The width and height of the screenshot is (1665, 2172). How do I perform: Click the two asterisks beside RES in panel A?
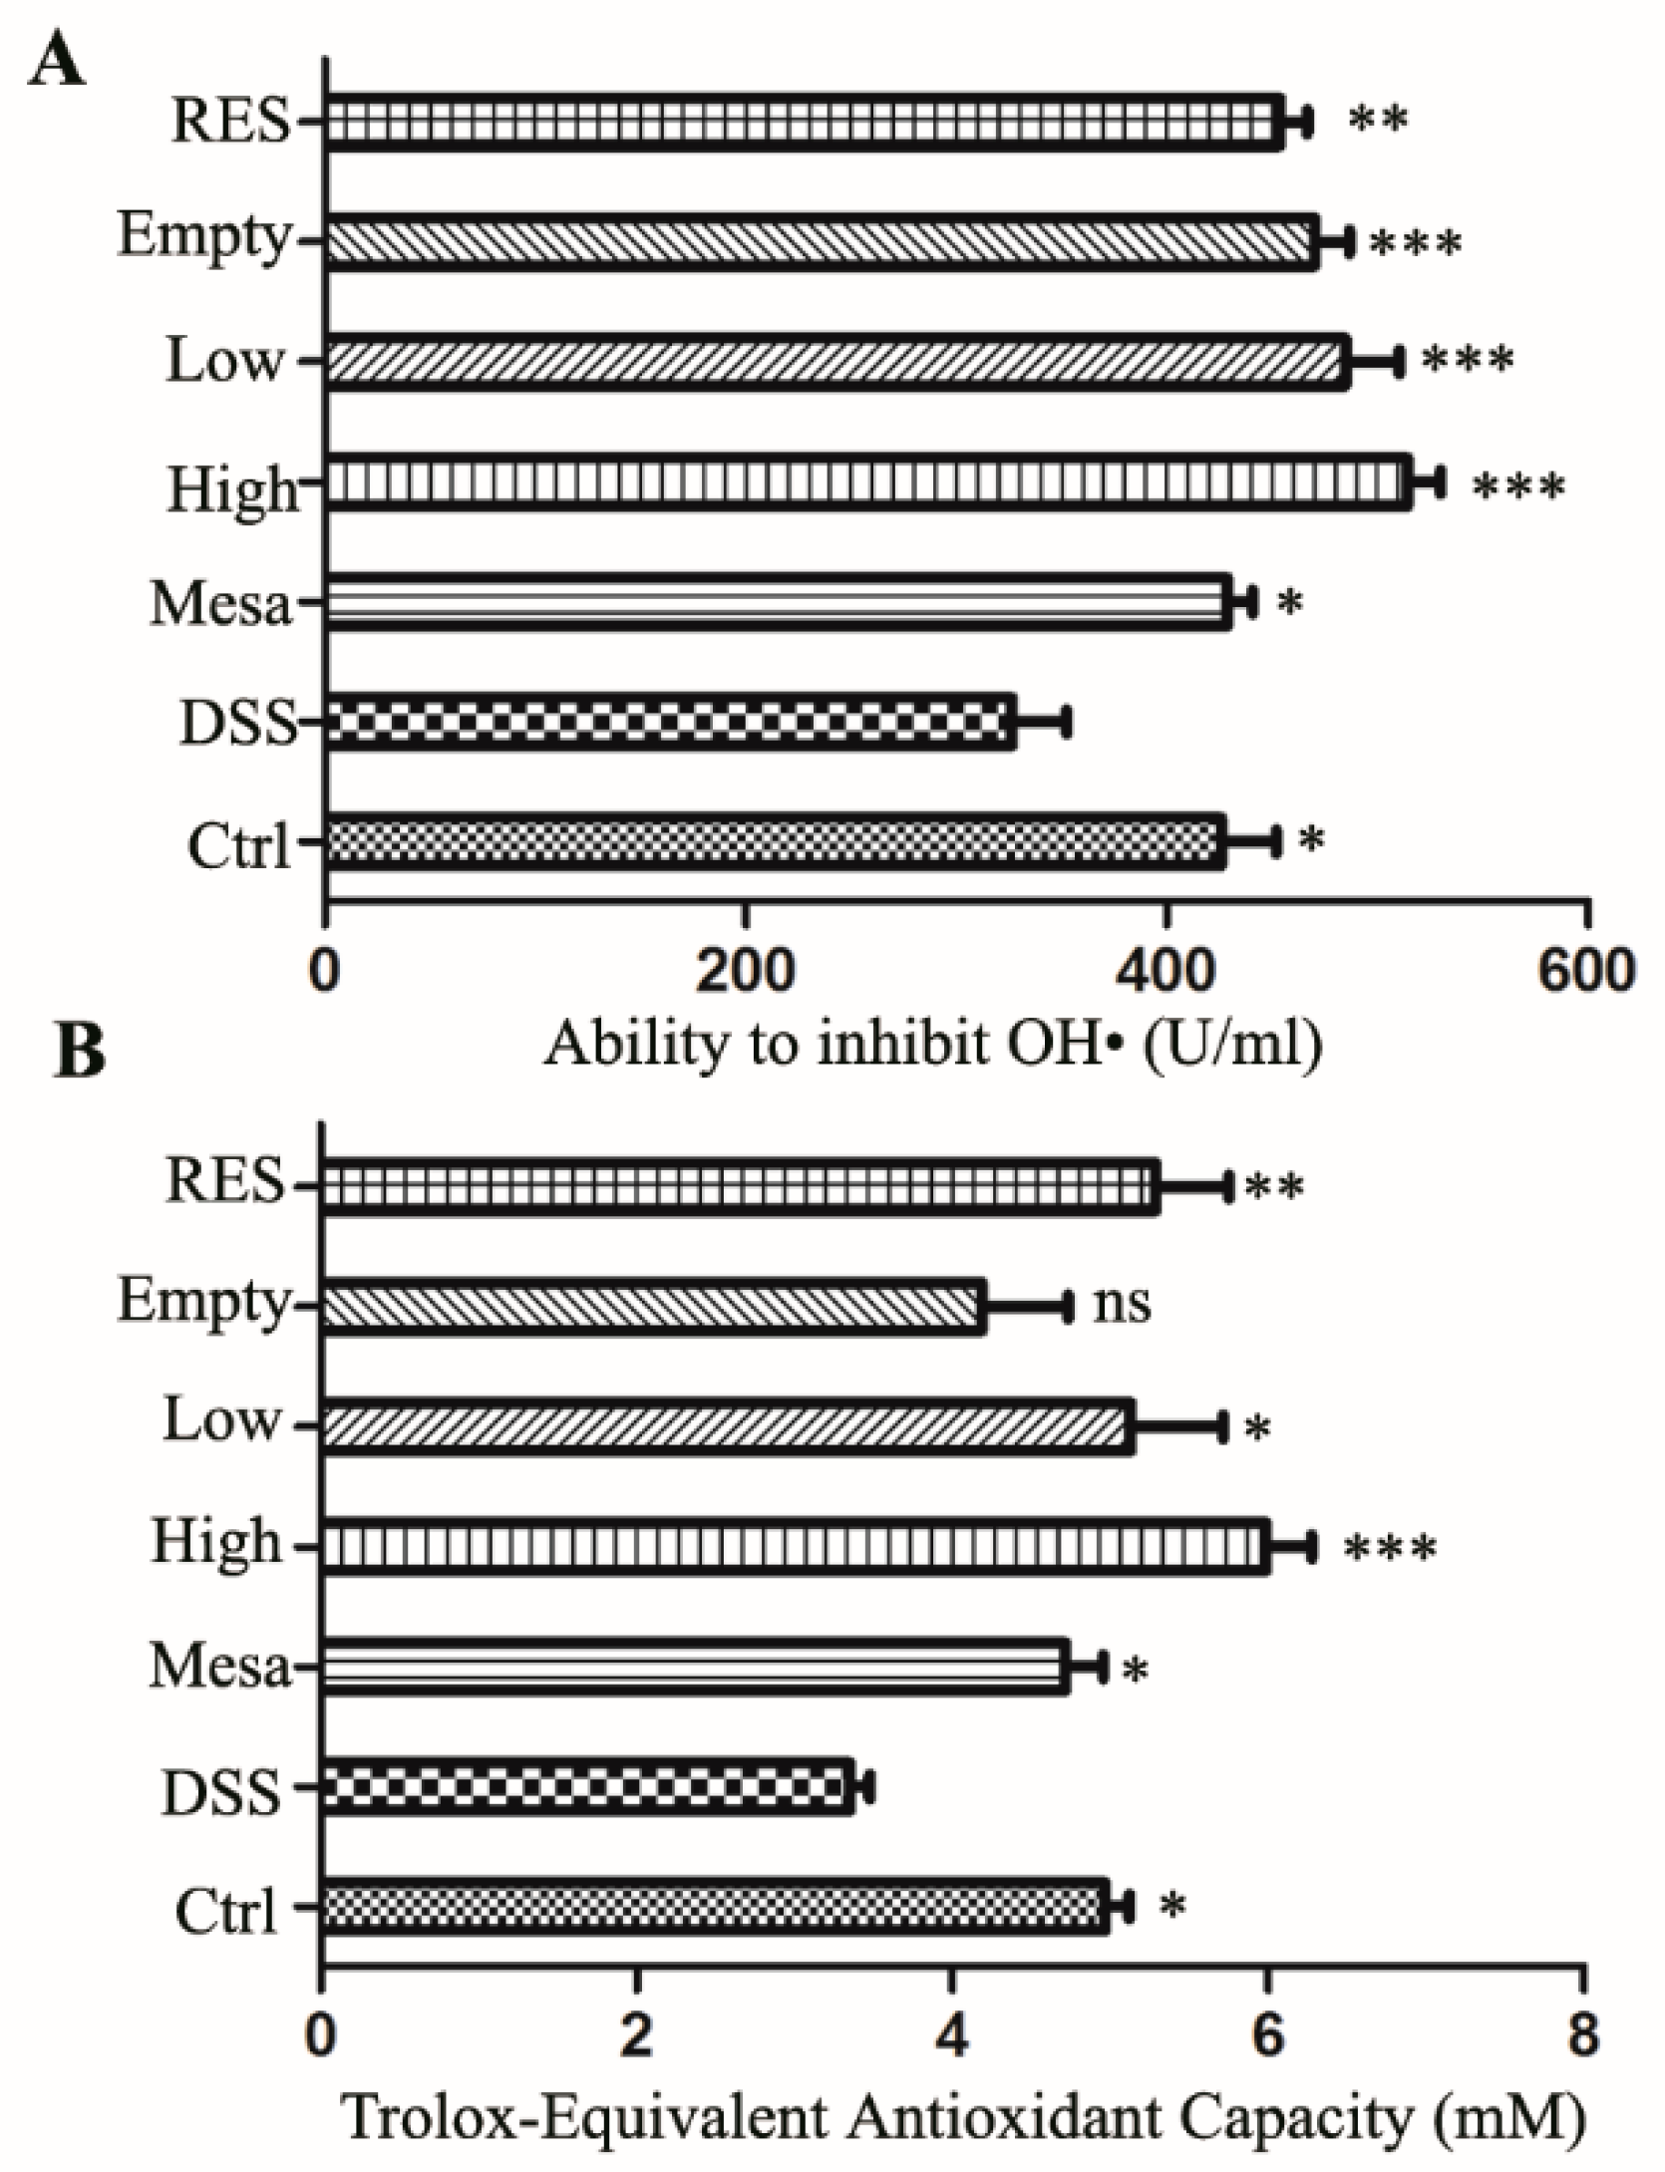pyautogui.click(x=1378, y=120)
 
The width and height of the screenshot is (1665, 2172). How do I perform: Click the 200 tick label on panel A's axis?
pyautogui.click(x=745, y=970)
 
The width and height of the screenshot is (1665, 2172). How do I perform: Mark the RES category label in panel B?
pyautogui.click(x=226, y=1184)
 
